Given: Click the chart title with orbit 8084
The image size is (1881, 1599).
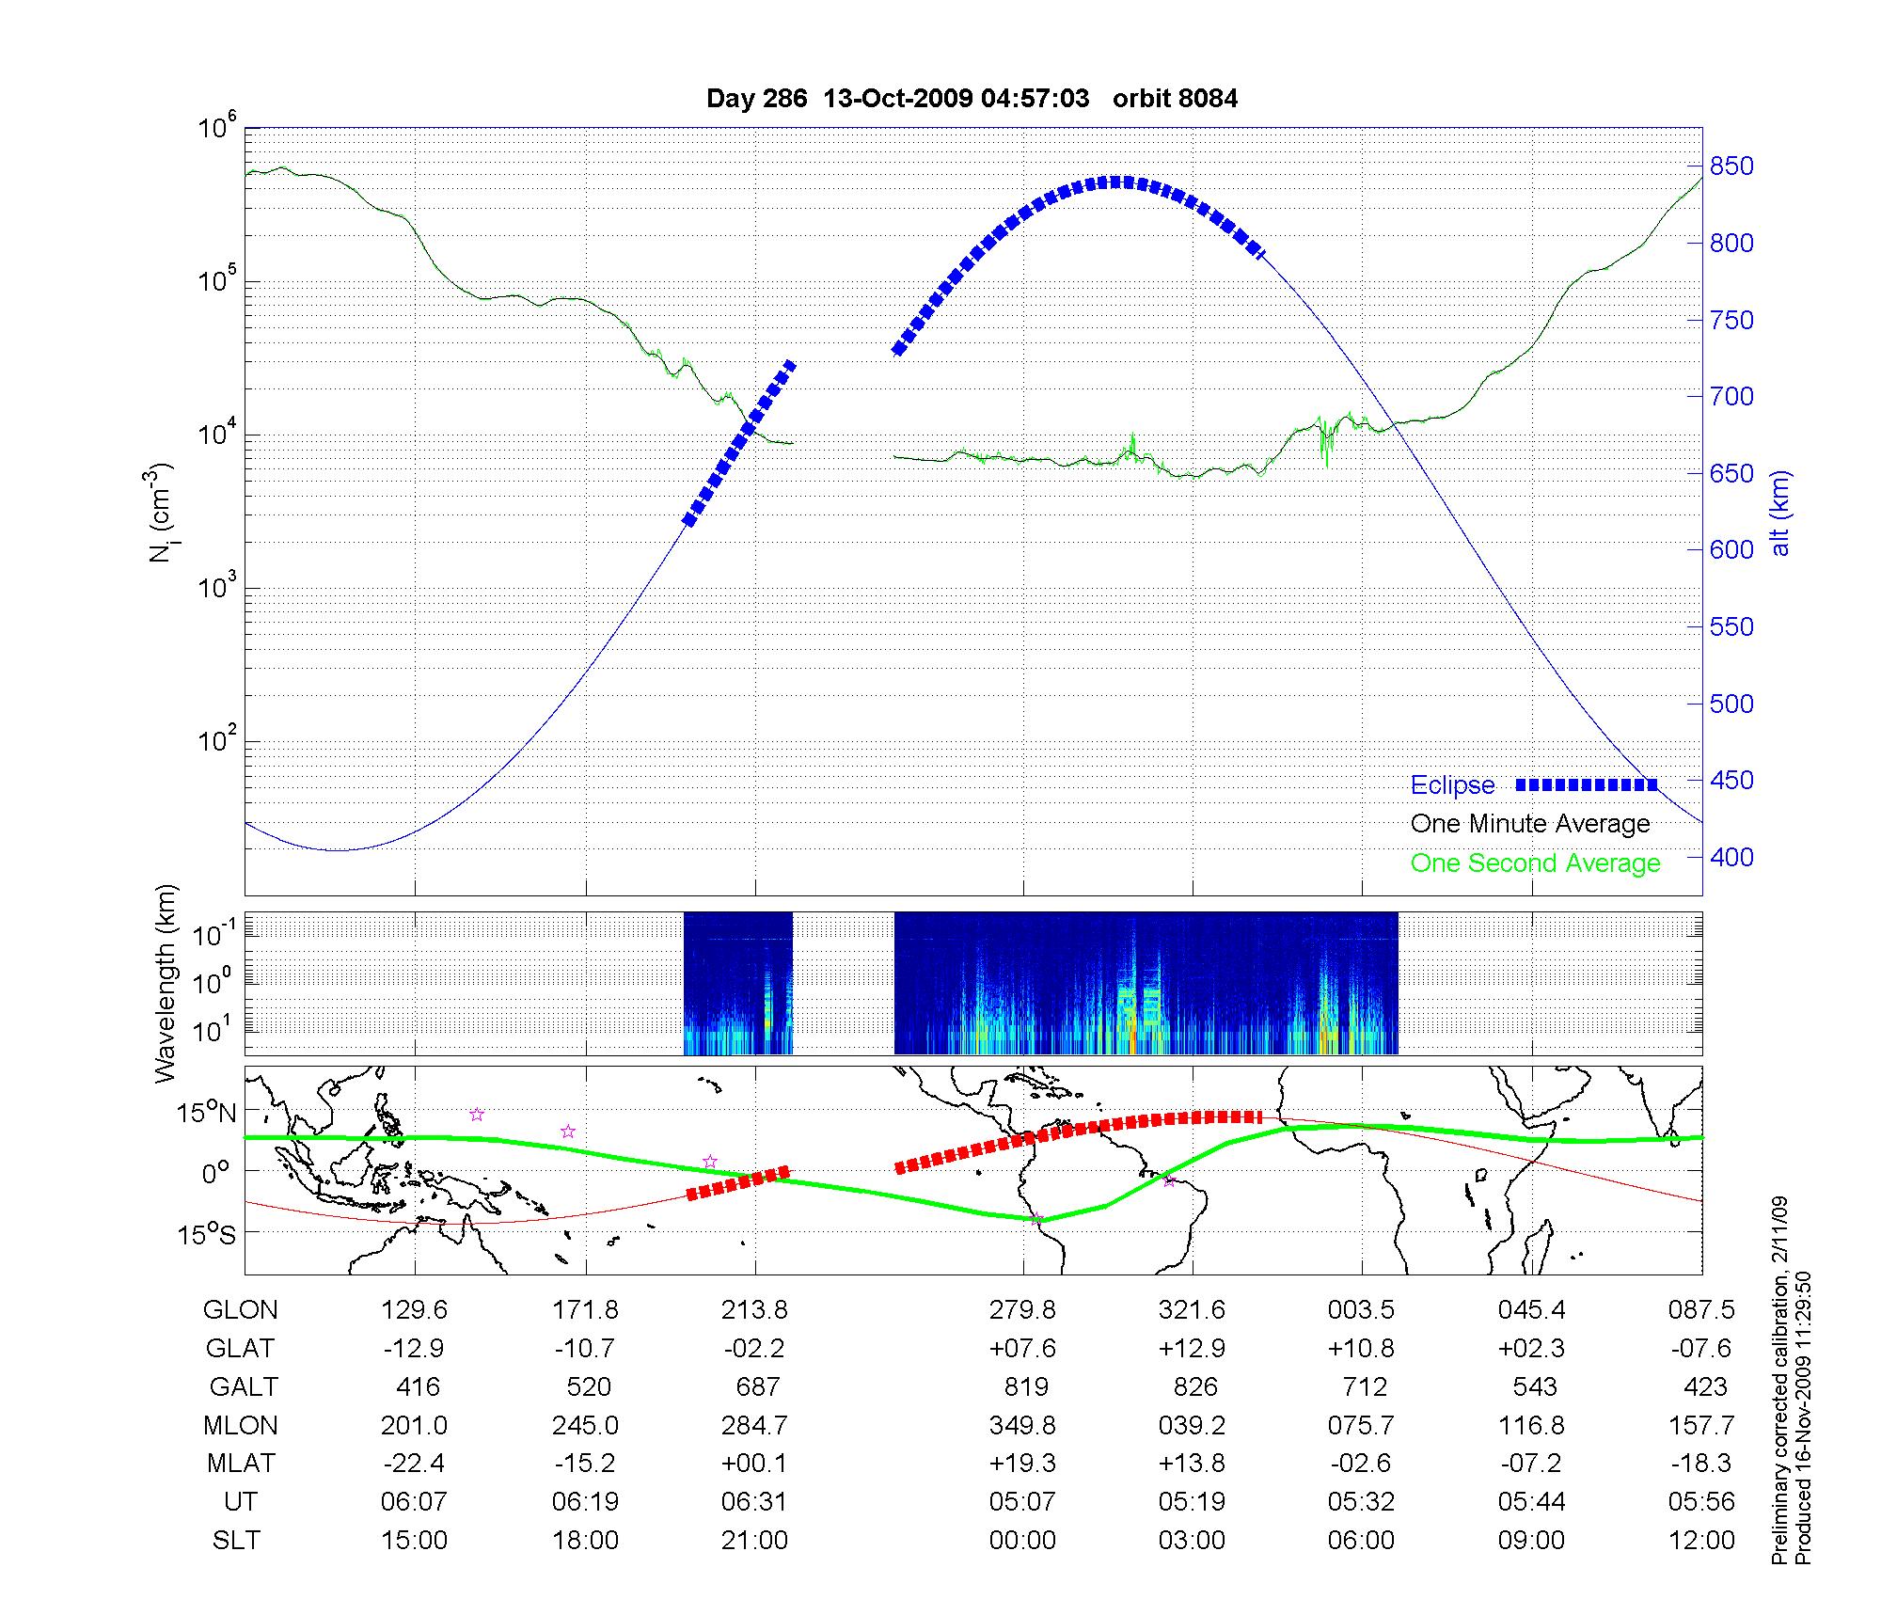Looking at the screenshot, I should (x=972, y=98).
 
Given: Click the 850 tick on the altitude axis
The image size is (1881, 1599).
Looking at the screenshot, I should (x=1731, y=166).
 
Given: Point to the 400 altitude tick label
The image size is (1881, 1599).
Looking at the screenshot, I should (x=1731, y=857).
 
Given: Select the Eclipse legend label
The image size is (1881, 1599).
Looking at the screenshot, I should (x=1452, y=785).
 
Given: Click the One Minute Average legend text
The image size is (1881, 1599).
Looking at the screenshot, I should (x=1530, y=824).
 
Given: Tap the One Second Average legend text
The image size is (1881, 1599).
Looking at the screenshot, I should (x=1535, y=863).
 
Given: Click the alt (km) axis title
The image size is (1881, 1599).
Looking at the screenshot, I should (x=1780, y=513).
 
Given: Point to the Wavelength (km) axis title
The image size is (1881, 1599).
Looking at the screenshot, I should (x=166, y=983).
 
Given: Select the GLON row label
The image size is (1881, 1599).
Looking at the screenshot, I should (x=241, y=1309).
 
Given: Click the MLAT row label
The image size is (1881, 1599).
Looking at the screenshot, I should (x=241, y=1464).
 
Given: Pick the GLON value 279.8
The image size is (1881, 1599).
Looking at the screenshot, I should (x=1022, y=1309).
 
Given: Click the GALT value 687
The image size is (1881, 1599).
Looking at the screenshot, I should (x=757, y=1386).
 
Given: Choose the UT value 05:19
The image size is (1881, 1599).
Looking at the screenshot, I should (x=1192, y=1502).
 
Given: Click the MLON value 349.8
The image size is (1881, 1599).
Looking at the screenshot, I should (x=1022, y=1425).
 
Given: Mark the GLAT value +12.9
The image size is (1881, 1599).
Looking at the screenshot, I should (x=1192, y=1348).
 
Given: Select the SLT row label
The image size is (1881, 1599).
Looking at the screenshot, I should (x=236, y=1541).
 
